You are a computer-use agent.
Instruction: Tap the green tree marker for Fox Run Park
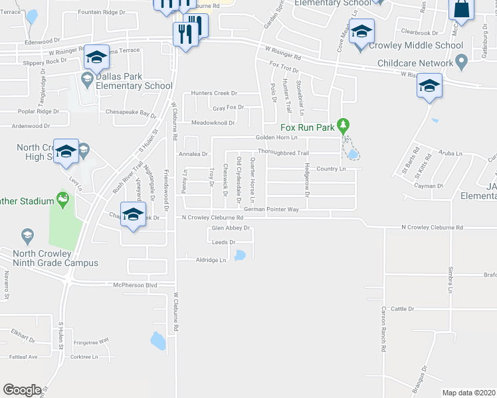343,125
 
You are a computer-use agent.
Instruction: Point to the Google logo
22,390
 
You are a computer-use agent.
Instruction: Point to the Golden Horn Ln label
276,137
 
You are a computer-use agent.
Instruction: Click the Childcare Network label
415,63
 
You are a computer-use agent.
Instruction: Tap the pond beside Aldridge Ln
240,255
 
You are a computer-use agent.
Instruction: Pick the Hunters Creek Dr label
214,94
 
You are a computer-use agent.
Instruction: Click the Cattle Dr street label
402,308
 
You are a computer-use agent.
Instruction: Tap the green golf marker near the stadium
63,199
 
